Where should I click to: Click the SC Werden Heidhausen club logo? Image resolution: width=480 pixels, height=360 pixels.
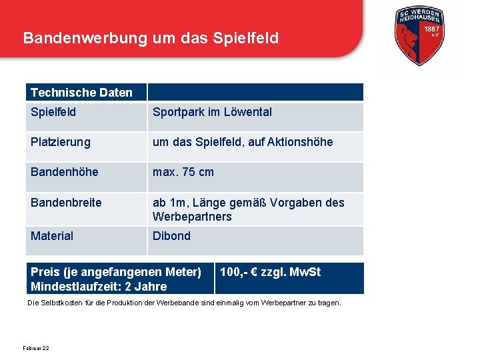[x=420, y=39]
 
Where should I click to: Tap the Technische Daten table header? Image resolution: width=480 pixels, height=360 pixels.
[x=81, y=93]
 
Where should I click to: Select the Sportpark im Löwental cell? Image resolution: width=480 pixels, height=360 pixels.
[x=212, y=112]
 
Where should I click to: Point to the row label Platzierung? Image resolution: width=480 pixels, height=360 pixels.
[x=60, y=142]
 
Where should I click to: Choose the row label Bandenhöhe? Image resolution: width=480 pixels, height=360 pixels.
[x=64, y=172]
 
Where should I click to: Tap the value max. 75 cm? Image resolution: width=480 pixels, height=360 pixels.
[x=183, y=172]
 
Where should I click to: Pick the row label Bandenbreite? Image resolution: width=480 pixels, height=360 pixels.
[x=66, y=202]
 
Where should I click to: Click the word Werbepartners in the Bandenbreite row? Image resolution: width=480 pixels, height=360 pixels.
[x=192, y=217]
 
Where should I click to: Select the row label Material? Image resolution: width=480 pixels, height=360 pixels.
[x=52, y=236]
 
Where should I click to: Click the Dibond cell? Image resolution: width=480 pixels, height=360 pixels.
[x=171, y=236]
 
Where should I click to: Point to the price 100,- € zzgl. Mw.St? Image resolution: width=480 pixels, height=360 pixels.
[x=270, y=272]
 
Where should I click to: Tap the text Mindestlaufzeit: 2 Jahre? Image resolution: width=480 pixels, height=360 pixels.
[x=99, y=287]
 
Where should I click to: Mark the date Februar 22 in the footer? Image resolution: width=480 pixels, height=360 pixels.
[x=36, y=348]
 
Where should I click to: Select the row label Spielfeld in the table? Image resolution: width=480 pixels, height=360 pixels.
[x=53, y=112]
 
